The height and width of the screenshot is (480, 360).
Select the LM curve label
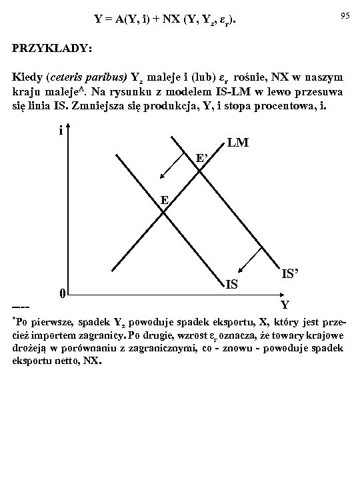pos(238,143)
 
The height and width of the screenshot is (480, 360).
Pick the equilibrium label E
pos(164,200)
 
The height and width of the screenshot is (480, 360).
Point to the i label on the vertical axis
pos(61,131)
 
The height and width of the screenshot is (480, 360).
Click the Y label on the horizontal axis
pos(285,305)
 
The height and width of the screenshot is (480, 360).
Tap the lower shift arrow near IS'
pos(250,259)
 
